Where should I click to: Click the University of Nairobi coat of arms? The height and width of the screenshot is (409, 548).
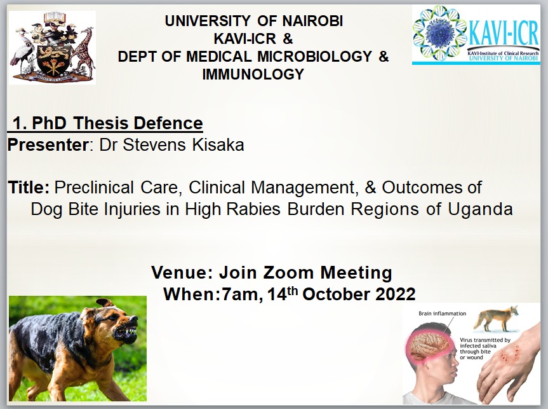pos(53,47)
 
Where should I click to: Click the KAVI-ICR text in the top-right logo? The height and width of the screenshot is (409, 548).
pos(504,34)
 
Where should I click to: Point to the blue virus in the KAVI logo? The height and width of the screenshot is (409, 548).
pos(439,33)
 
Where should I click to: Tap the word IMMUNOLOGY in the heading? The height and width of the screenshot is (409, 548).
pos(253,74)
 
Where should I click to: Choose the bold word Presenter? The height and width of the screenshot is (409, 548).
pos(48,144)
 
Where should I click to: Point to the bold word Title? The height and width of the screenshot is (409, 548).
pos(29,188)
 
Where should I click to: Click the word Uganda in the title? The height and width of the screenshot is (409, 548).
pos(480,209)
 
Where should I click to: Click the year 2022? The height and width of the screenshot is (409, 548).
pos(395,294)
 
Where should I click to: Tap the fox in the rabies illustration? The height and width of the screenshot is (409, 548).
pos(496,318)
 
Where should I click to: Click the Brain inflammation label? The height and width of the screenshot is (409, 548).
pos(442,314)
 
